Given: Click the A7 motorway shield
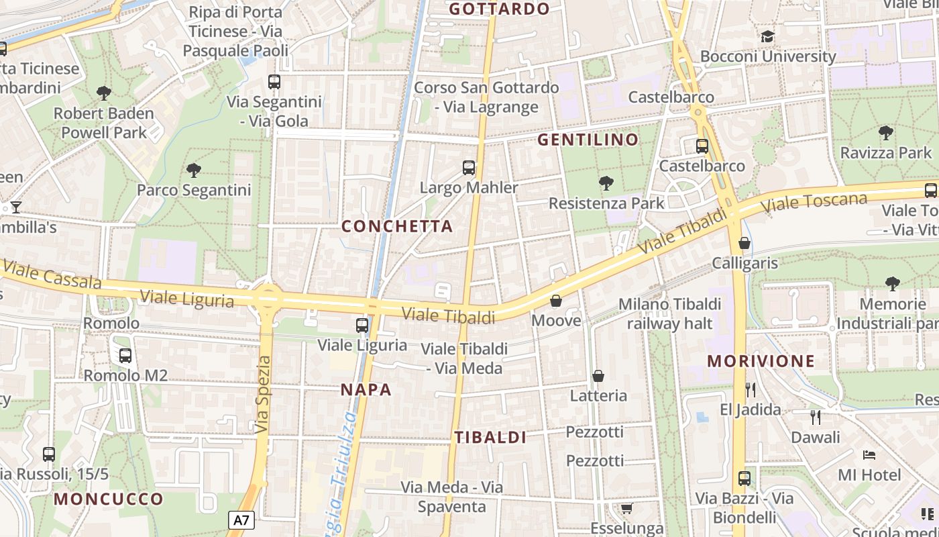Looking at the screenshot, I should tap(242, 520).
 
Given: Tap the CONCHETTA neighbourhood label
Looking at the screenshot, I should tap(397, 226).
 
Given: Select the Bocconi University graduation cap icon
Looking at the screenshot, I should tap(768, 36).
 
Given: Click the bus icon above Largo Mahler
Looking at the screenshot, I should tap(469, 168).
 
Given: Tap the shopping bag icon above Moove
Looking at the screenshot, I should tap(556, 301).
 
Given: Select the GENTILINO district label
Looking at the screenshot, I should tap(588, 140).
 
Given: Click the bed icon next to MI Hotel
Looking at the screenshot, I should tap(869, 455).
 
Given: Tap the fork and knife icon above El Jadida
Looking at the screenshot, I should tap(751, 389).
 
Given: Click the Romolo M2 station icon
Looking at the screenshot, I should tap(125, 356).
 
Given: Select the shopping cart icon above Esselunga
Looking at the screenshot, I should tap(626, 508).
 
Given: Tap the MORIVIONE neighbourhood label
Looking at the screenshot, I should tap(761, 361).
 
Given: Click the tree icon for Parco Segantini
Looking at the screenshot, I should tap(194, 170).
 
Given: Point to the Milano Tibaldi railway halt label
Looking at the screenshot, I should tap(669, 313).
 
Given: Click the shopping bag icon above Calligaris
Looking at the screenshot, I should tap(744, 243).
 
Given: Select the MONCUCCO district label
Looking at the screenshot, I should tap(109, 499).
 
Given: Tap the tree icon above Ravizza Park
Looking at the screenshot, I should tap(886, 133).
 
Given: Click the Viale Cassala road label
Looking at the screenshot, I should tap(52, 274).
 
